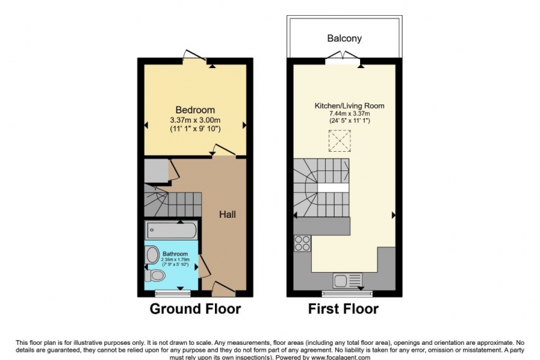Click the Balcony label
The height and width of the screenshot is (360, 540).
344,39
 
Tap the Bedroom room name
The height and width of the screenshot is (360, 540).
195,110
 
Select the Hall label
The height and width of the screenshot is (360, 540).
227,215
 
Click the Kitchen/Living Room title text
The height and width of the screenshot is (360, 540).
349,106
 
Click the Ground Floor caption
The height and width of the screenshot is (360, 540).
195,308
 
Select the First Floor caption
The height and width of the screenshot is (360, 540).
344,308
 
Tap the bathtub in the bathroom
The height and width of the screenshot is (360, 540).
172,229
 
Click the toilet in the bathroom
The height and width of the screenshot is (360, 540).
156,275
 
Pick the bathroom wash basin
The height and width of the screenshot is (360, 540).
152,254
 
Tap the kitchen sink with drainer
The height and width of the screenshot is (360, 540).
347,280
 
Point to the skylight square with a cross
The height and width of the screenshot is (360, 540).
339,142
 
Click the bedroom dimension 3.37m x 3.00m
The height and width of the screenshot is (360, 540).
195,120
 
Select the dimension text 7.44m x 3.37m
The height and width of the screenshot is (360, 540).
349,114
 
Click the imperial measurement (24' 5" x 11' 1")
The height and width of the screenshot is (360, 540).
349,122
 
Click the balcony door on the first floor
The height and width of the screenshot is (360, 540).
344,62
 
